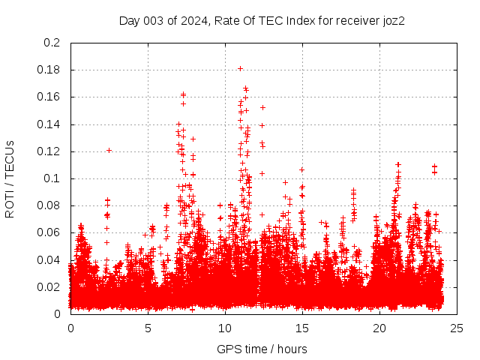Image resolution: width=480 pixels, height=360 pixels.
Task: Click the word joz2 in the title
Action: click(391, 20)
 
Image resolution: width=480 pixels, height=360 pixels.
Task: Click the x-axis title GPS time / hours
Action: click(262, 349)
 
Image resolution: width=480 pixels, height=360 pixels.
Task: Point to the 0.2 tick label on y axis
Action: click(52, 43)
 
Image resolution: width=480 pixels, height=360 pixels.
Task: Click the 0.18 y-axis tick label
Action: click(49, 70)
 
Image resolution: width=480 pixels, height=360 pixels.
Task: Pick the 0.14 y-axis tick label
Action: click(49, 124)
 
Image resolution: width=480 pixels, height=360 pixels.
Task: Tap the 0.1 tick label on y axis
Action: click(52, 178)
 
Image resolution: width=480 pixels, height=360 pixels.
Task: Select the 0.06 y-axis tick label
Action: click(49, 232)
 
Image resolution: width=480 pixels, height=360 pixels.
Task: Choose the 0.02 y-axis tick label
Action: click(49, 287)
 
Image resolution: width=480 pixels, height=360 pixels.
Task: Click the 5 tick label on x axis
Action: click(148, 328)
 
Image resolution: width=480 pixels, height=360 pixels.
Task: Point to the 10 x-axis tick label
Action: click(225, 328)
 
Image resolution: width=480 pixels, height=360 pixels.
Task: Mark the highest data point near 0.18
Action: click(240, 68)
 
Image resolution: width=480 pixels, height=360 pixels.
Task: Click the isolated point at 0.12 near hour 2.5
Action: click(109, 150)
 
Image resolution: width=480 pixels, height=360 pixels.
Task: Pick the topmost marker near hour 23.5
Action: click(434, 166)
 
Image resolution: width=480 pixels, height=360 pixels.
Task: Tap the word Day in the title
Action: click(130, 20)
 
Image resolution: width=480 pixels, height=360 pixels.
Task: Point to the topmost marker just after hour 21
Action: click(398, 164)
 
